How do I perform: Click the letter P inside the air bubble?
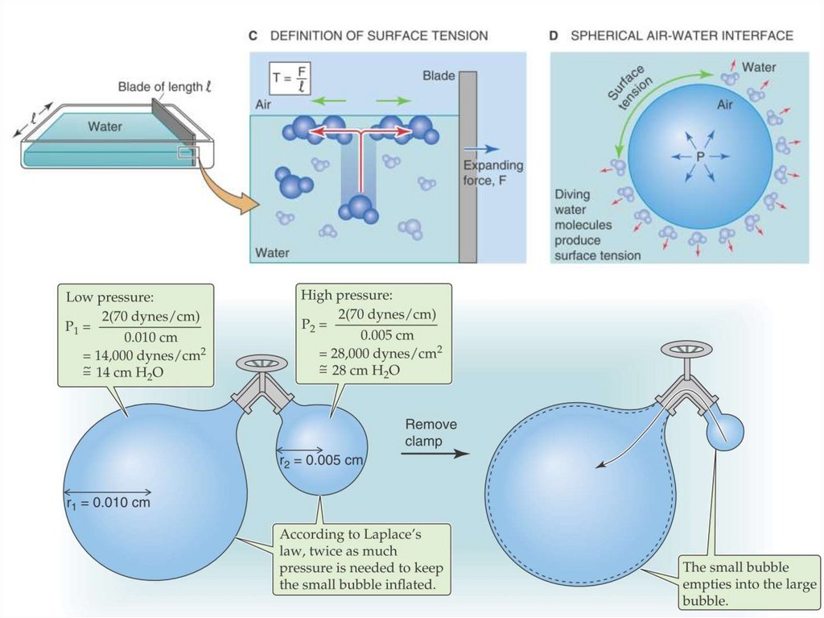678,155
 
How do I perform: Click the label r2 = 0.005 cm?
322,460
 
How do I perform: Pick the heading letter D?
554,36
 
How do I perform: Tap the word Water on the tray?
105,127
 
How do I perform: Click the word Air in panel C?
264,105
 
